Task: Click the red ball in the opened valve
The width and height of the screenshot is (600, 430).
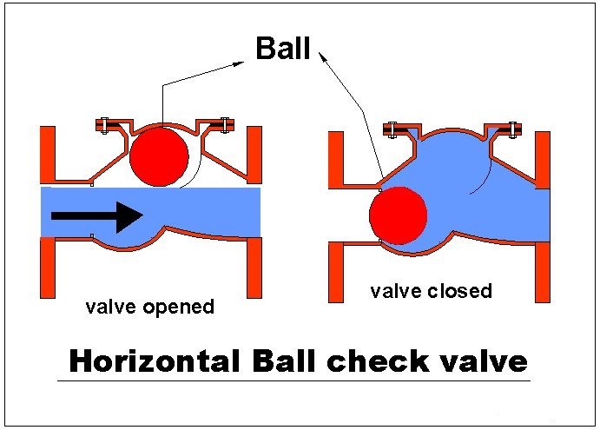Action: click(159, 156)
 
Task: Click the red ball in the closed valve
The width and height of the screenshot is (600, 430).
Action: click(399, 215)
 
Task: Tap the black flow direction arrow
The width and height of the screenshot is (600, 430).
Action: click(96, 216)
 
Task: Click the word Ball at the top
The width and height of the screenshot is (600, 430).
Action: click(283, 49)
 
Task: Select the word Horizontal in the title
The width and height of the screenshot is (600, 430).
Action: click(155, 361)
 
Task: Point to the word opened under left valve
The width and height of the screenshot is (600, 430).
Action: click(178, 308)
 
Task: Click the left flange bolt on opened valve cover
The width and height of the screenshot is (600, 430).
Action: click(105, 125)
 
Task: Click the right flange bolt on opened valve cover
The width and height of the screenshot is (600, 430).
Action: click(225, 125)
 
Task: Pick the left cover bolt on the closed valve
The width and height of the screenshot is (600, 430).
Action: click(392, 129)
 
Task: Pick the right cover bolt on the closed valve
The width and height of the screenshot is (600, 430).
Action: click(512, 129)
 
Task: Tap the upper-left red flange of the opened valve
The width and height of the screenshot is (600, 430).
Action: click(48, 155)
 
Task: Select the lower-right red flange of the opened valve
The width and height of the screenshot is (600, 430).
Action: click(254, 268)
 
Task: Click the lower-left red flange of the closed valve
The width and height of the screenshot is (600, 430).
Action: click(336, 273)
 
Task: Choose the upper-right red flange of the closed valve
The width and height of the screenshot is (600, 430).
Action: click(543, 160)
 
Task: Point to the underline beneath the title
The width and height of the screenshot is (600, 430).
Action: click(293, 381)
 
